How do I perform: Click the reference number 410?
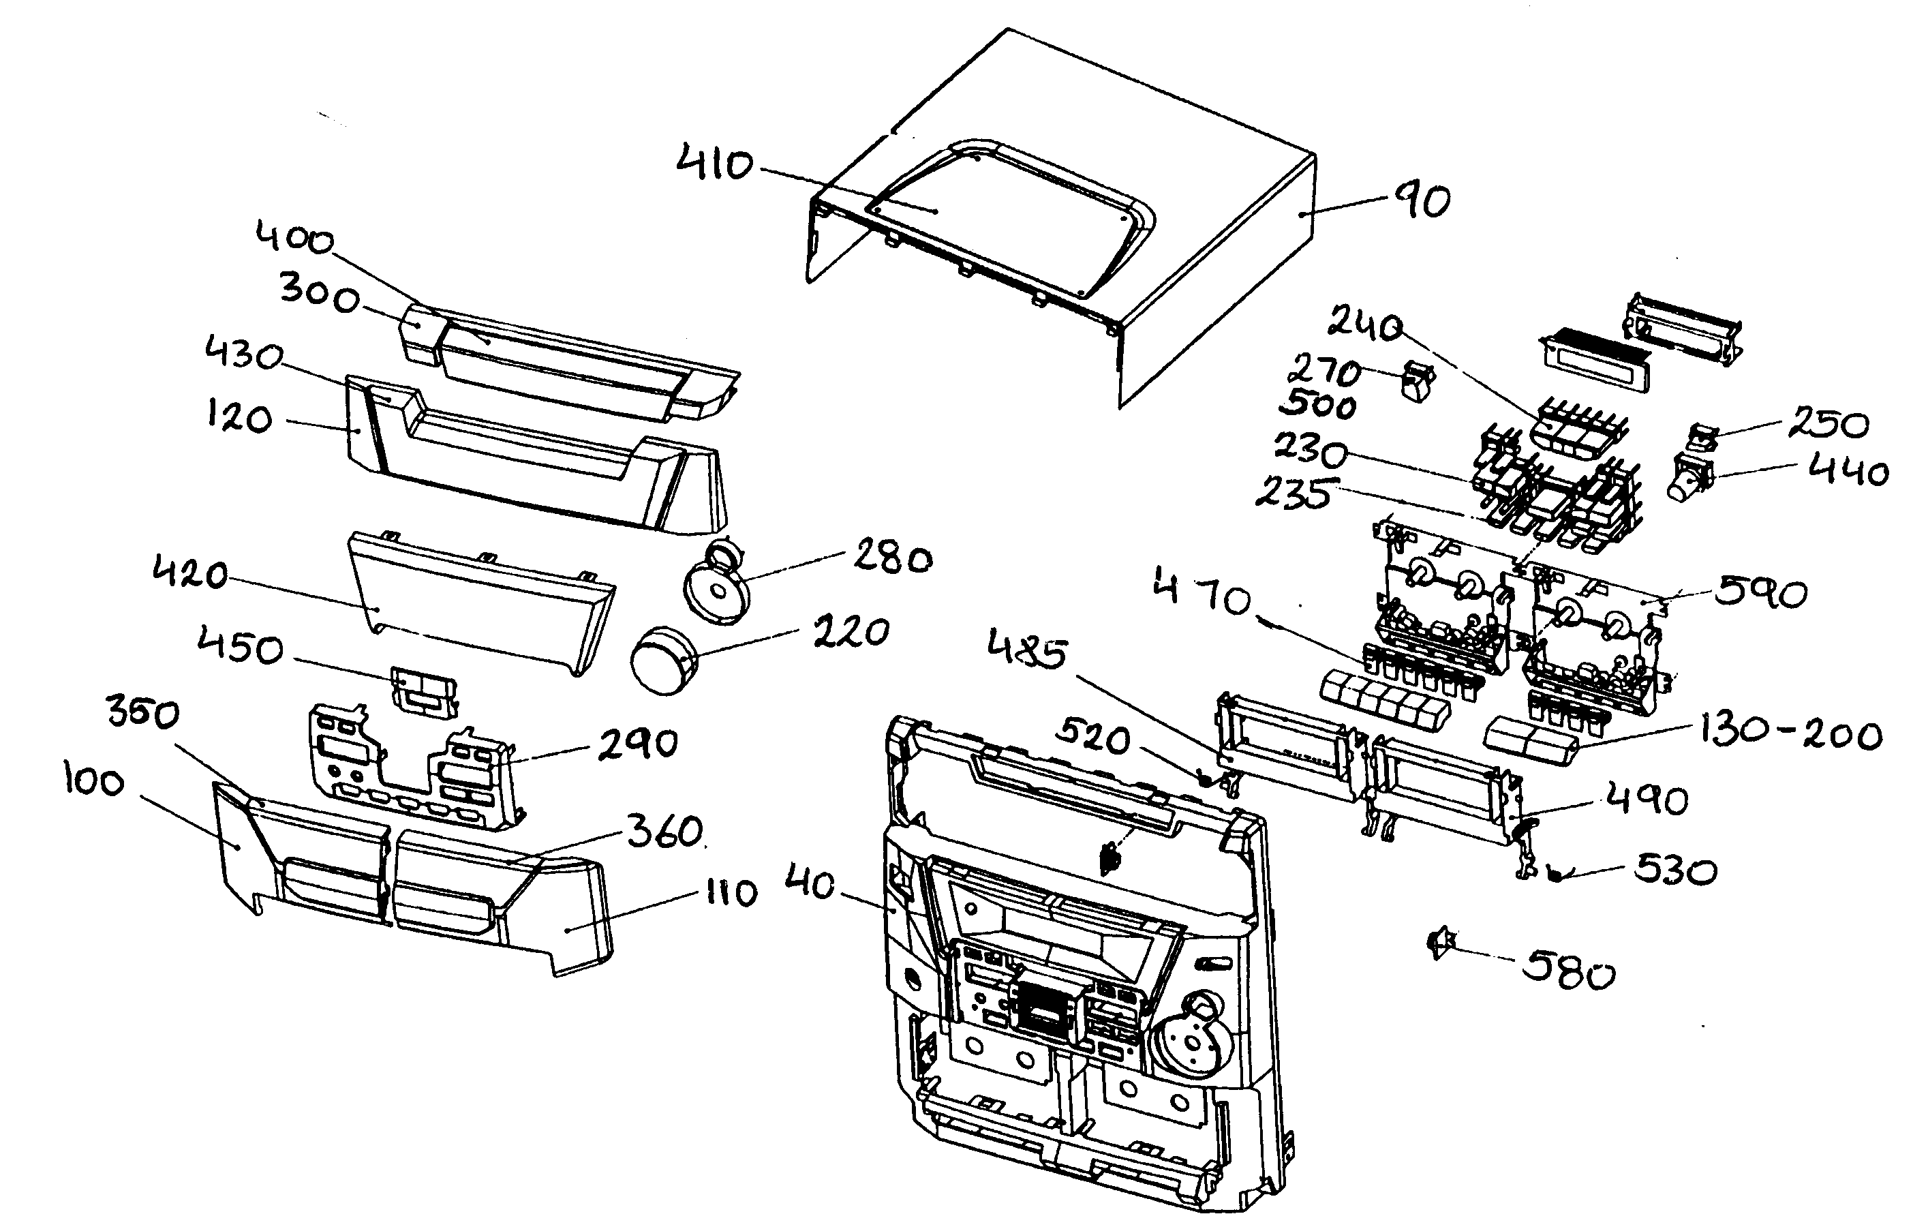[714, 164]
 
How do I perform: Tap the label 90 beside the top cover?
[1423, 200]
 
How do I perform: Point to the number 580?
[1567, 972]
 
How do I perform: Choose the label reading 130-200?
[1790, 733]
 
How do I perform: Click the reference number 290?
[638, 744]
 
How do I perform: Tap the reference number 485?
[1027, 648]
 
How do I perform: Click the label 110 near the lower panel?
[731, 892]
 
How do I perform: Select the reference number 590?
[1760, 593]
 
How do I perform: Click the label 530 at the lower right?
[1675, 870]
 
